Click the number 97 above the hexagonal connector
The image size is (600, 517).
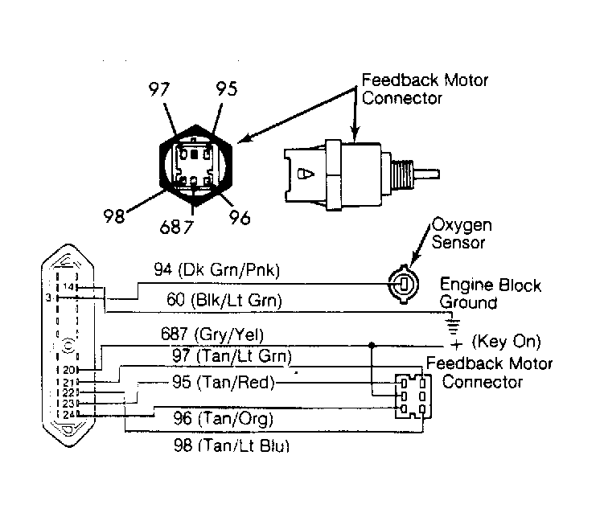(158, 89)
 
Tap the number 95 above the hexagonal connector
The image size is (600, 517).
(227, 88)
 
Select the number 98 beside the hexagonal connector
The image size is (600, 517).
(114, 216)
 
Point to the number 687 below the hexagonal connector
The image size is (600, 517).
(176, 227)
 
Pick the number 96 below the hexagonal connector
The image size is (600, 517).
(240, 217)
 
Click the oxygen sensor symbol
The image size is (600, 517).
(403, 284)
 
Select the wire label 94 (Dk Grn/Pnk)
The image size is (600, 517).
(217, 270)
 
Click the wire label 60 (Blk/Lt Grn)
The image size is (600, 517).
(224, 300)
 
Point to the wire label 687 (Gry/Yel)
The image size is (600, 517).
(212, 334)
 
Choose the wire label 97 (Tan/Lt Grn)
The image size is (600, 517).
(232, 356)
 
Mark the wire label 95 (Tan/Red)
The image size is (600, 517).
(224, 382)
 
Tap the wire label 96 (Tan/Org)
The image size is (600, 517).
(224, 418)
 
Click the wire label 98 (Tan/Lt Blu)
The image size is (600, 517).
(232, 445)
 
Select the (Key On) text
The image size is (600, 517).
(506, 341)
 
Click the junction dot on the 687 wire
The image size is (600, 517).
(371, 345)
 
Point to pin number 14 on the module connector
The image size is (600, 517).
(68, 286)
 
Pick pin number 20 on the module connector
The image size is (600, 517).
(69, 370)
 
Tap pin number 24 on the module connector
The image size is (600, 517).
(69, 414)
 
